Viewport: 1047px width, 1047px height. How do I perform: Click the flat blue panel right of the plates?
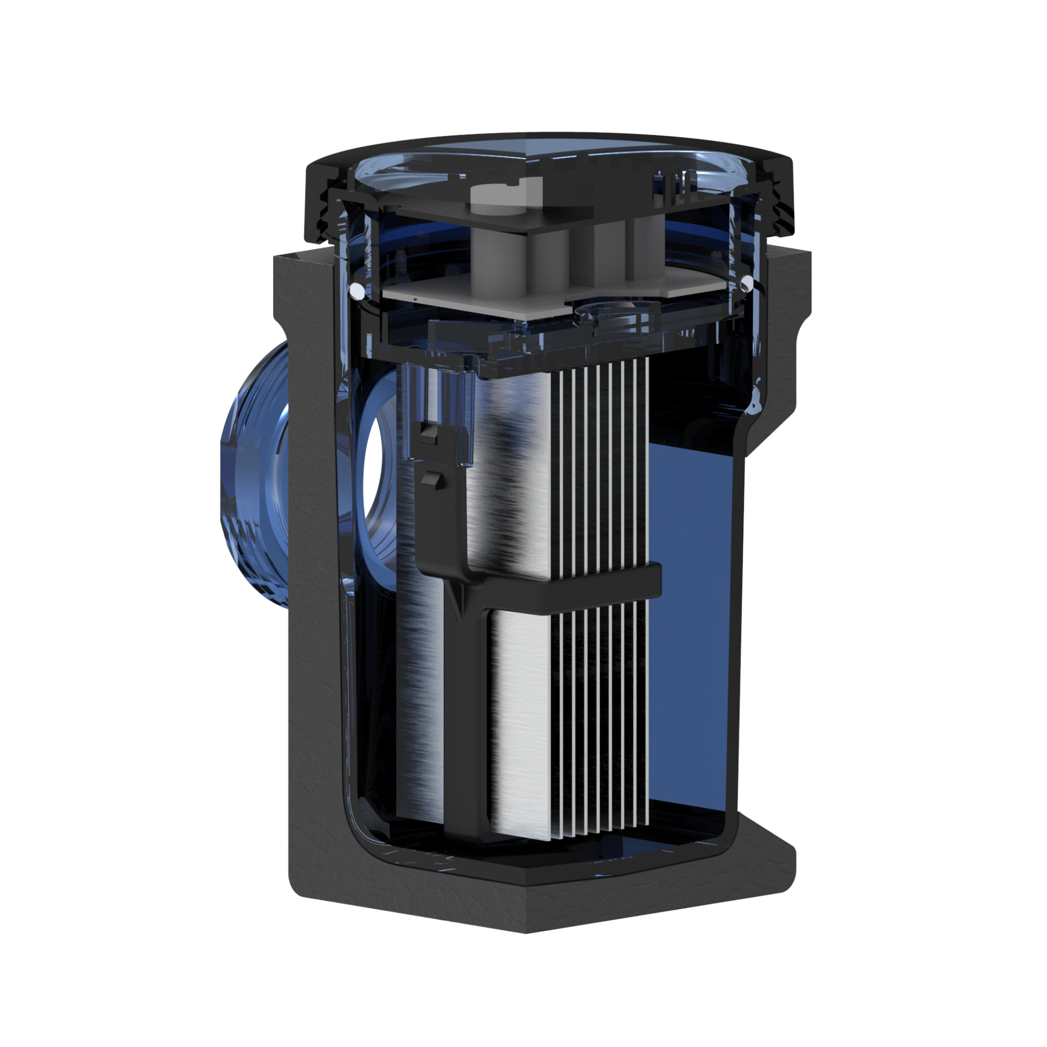[694, 623]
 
